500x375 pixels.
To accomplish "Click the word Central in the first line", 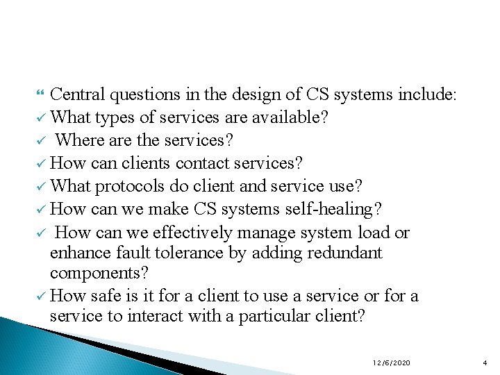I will [x=77, y=94].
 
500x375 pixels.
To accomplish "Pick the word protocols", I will [x=127, y=186].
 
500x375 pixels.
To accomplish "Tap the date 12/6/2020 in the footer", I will [x=392, y=363].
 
